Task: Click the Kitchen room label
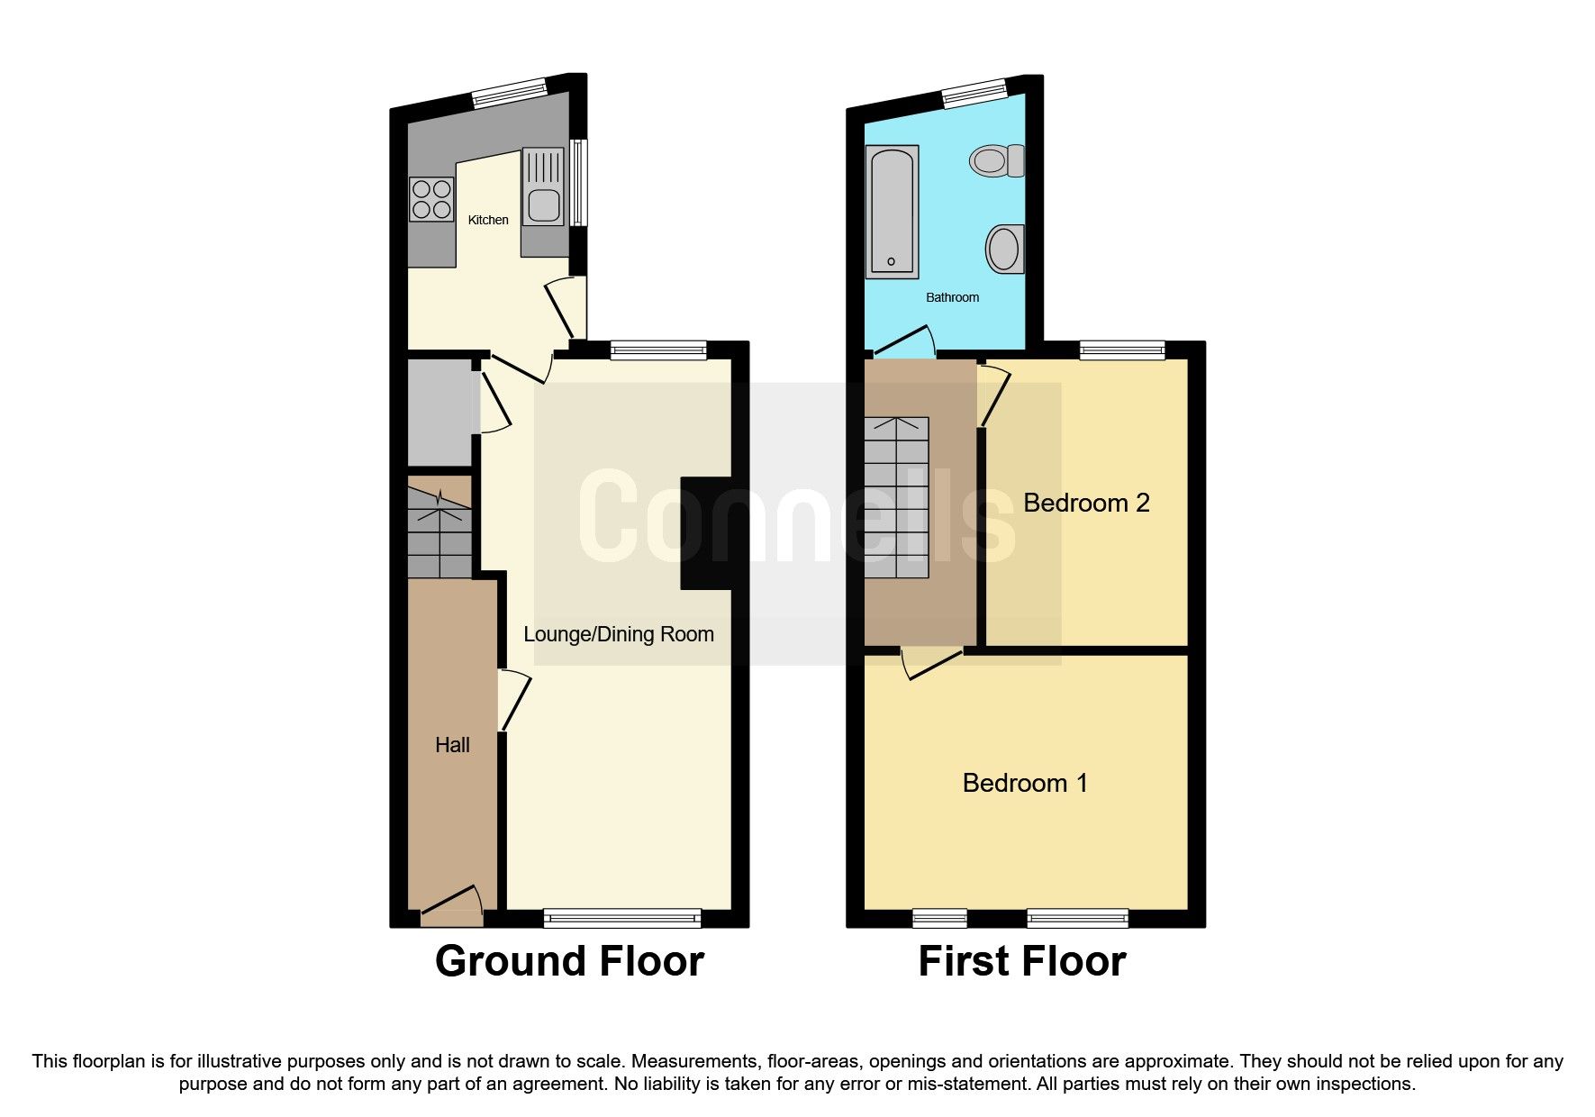tap(488, 220)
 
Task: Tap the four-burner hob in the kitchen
tap(430, 200)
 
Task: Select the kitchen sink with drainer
tap(544, 186)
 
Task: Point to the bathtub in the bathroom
tap(892, 212)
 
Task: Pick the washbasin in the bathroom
tap(1005, 248)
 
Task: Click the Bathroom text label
tap(952, 297)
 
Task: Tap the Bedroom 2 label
tap(1086, 503)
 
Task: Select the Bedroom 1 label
tap(1025, 783)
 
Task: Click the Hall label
tap(452, 745)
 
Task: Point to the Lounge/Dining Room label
tap(619, 634)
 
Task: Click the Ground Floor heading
tap(569, 961)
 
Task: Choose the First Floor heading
tap(1021, 961)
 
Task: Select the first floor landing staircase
tap(896, 497)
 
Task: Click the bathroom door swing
tap(905, 342)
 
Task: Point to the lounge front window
tap(622, 918)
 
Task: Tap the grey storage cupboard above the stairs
tap(439, 413)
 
